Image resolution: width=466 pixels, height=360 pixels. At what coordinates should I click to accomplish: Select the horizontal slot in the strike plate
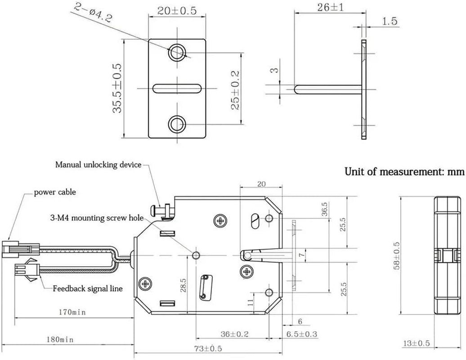click(177, 88)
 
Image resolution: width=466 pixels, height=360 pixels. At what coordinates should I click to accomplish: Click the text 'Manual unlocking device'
click(98, 165)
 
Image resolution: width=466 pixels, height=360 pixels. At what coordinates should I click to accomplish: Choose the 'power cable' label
click(55, 193)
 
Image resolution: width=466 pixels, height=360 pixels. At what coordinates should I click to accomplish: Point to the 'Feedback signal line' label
click(87, 288)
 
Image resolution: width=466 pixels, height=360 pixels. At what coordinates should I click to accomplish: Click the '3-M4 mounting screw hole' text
click(96, 218)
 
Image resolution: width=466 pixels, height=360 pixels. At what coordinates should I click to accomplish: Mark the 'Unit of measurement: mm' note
click(403, 171)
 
